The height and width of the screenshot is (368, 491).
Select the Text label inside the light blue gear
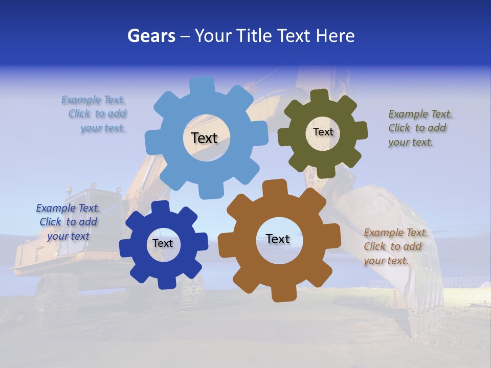pos(205,138)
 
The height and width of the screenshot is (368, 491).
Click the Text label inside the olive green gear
pos(323,132)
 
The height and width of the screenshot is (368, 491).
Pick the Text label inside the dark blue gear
pos(163,244)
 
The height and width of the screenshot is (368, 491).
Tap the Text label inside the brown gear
pos(278,239)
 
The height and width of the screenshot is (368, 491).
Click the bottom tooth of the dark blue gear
pos(164,282)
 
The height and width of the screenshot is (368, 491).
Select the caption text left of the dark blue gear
pos(68,222)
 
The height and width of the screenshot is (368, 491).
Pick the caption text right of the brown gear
pos(395,247)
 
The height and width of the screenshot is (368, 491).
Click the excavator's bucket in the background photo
pos(394,240)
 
